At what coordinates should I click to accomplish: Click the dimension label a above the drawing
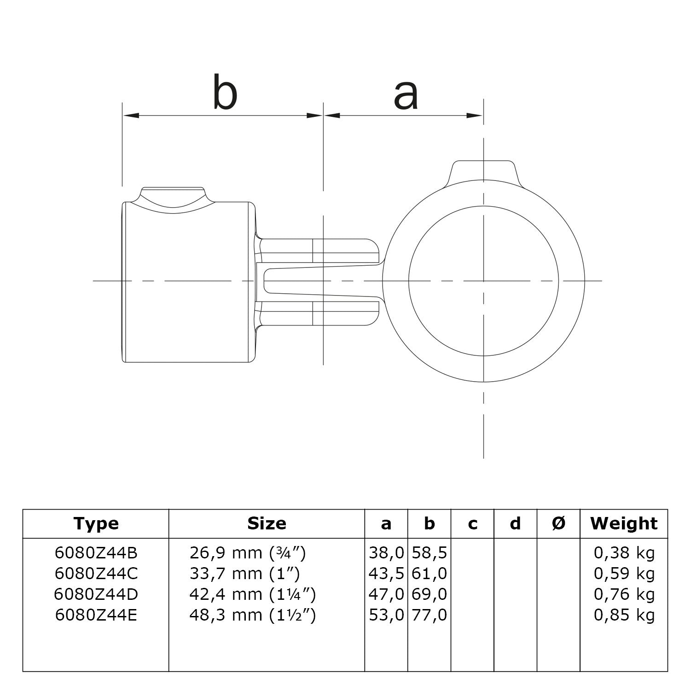coord(406,96)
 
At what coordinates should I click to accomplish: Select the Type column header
coord(96,523)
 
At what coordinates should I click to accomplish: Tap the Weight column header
coord(624,523)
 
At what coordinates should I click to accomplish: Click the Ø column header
coord(558,523)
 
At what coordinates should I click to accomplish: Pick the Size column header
coord(267,523)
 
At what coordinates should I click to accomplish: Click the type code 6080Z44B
coord(96,552)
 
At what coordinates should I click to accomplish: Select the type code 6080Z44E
coord(96,615)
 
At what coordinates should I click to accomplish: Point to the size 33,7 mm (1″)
coord(244,574)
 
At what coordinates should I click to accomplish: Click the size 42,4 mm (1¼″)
coord(252,594)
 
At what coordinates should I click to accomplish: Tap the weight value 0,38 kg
coord(624,552)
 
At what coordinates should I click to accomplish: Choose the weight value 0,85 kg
coord(624,615)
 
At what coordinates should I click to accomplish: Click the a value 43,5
coord(386,574)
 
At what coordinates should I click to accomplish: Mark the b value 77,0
coord(430,615)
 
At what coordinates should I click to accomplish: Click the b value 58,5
coord(430,552)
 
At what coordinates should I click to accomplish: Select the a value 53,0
coord(386,615)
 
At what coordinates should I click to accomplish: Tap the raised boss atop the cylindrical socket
coord(173,196)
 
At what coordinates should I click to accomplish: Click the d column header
coord(515,523)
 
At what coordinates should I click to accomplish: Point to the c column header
coord(472,523)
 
